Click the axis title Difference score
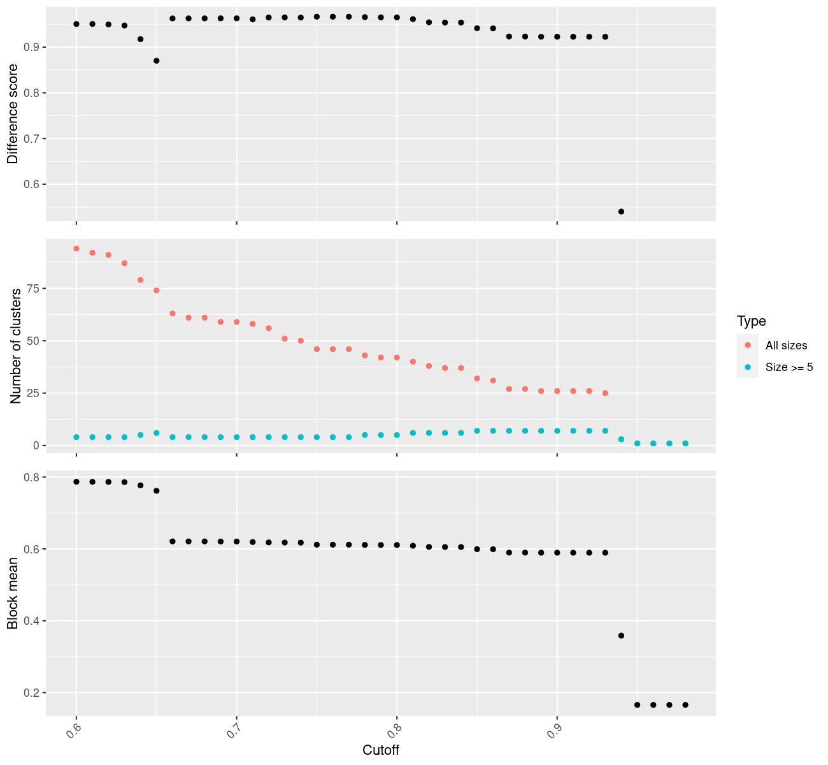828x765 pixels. click(13, 114)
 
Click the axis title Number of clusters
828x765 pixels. click(16, 346)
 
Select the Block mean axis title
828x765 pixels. click(13, 593)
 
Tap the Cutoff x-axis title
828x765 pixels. click(380, 750)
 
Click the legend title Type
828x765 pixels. click(751, 321)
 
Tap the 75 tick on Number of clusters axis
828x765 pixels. click(32, 289)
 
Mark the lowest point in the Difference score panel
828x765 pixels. click(621, 212)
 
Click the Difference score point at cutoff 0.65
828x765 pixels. click(157, 61)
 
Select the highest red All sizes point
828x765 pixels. click(76, 249)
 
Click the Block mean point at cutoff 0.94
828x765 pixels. click(621, 636)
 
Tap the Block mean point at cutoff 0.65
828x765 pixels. click(157, 491)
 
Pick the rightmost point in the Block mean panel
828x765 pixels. click(685, 704)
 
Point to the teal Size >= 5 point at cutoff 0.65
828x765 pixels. click(157, 433)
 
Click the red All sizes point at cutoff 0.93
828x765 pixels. click(605, 393)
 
